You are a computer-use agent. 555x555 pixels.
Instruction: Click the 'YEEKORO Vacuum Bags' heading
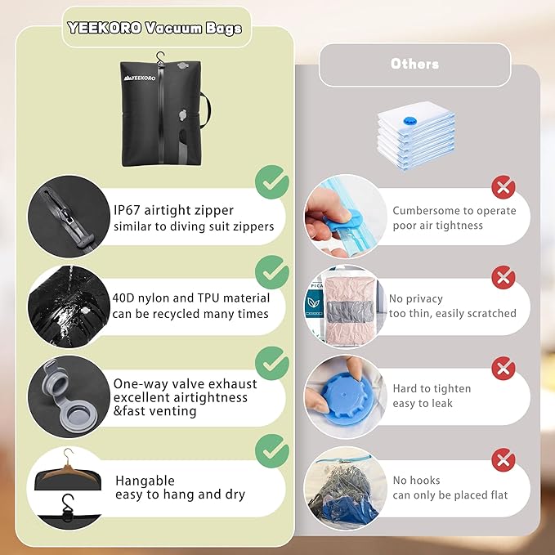click(x=154, y=29)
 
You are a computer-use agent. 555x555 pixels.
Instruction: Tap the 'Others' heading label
click(x=414, y=64)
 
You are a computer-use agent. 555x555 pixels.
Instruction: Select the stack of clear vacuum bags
click(x=414, y=133)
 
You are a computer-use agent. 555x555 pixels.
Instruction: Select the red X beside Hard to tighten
click(x=503, y=369)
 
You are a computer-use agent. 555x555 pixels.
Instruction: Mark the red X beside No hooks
click(x=503, y=459)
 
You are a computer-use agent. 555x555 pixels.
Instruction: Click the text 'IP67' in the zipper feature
click(x=129, y=211)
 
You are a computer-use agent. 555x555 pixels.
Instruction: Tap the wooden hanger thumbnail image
click(x=69, y=486)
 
